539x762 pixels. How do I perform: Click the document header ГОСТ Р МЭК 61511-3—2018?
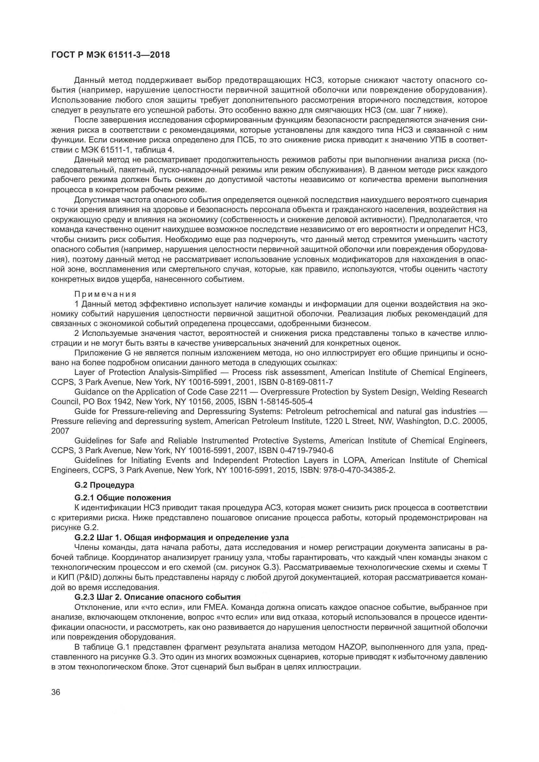pos(110,55)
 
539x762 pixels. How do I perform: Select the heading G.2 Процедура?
pos(104,485)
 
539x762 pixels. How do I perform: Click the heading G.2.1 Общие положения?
pos(123,497)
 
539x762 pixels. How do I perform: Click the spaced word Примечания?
pos(105,294)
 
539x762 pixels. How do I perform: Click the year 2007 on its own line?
pos(60,431)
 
